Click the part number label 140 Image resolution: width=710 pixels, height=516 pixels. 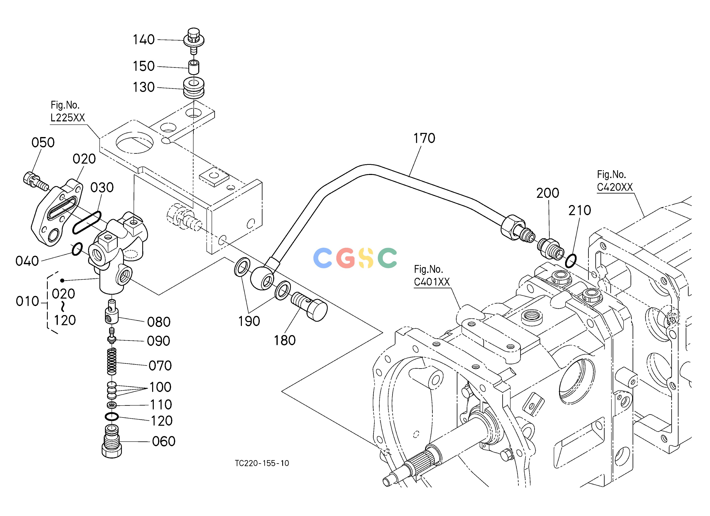(144, 40)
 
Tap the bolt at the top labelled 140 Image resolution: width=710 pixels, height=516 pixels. (194, 41)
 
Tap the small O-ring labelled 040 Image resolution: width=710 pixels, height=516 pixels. (77, 249)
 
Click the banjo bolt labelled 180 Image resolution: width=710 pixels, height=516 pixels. (309, 306)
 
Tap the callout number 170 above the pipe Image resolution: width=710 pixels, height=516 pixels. (424, 138)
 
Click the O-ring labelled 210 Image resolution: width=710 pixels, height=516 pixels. (571, 261)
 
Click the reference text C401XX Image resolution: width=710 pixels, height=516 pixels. (432, 282)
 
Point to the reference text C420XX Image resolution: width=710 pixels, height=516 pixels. (615, 187)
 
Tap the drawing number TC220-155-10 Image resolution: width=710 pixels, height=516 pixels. (262, 463)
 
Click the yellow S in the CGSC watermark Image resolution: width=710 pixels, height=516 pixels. (366, 258)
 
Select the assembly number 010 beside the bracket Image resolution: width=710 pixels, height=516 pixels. (28, 301)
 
